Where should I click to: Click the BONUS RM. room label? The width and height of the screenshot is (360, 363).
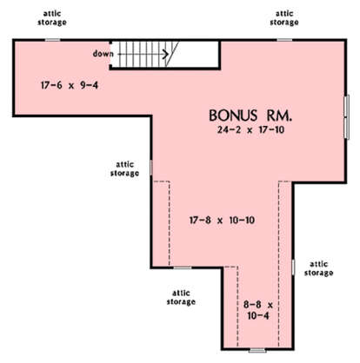(250, 115)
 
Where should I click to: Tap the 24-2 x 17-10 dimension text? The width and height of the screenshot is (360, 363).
(250, 130)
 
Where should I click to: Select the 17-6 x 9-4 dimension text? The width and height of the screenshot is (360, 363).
(70, 85)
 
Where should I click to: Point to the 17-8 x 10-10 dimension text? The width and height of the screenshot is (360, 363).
(222, 221)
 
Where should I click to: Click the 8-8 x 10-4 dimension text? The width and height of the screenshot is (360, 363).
(258, 310)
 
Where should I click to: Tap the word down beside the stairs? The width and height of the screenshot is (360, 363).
(103, 54)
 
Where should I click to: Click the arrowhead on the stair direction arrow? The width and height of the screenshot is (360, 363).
(166, 54)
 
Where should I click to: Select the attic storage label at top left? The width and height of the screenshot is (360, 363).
(52, 18)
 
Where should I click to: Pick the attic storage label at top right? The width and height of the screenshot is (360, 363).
(284, 18)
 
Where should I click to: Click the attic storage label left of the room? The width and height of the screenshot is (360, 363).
(124, 168)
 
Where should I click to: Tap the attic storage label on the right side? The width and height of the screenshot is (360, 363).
(318, 268)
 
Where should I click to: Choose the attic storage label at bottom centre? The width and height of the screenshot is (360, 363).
(181, 297)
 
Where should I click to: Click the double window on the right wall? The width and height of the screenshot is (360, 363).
(347, 117)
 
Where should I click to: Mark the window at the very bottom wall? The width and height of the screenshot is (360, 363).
(257, 351)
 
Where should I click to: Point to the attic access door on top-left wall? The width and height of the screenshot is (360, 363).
(53, 40)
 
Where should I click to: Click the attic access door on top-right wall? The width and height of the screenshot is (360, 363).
(284, 40)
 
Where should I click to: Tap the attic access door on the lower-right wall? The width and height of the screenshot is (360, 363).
(293, 267)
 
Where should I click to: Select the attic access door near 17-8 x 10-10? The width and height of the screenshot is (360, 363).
(183, 267)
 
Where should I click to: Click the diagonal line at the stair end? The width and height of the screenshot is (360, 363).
(172, 54)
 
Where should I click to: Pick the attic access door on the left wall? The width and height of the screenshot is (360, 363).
(151, 168)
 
